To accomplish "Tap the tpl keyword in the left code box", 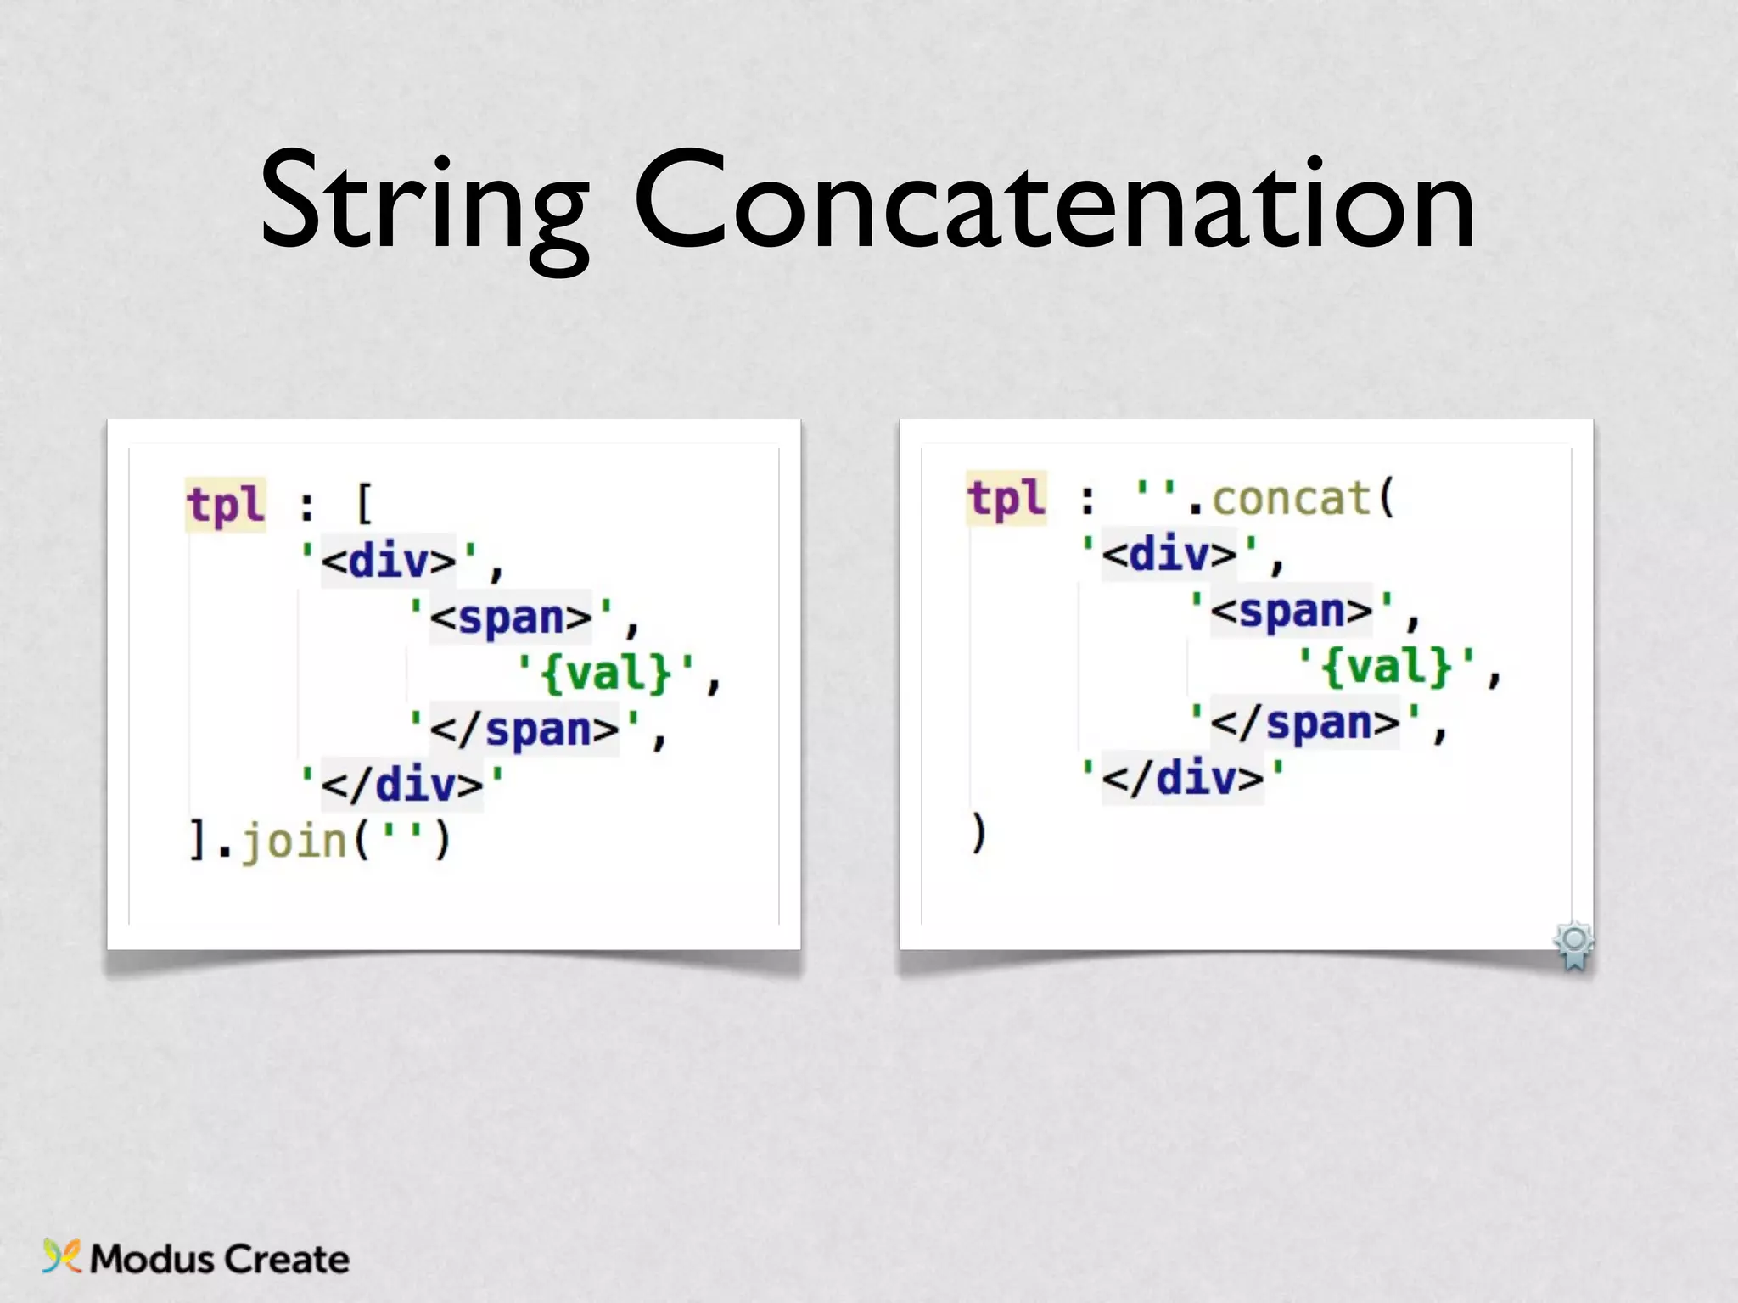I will pyautogui.click(x=226, y=505).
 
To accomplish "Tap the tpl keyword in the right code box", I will pyautogui.click(x=1006, y=498).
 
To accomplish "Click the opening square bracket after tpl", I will pyautogui.click(x=363, y=505).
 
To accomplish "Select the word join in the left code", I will pyautogui.click(x=294, y=841).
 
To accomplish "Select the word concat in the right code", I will pyautogui.click(x=1291, y=498).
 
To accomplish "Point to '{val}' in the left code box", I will pyautogui.click(x=606, y=674).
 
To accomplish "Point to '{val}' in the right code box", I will pyautogui.click(x=1387, y=667).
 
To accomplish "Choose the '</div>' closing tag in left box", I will pyautogui.click(x=402, y=784).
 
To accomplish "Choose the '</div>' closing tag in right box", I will pyautogui.click(x=1183, y=778).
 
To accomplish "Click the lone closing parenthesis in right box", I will pyautogui.click(x=978, y=833).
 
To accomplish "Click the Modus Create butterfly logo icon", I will pyautogui.click(x=61, y=1256).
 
